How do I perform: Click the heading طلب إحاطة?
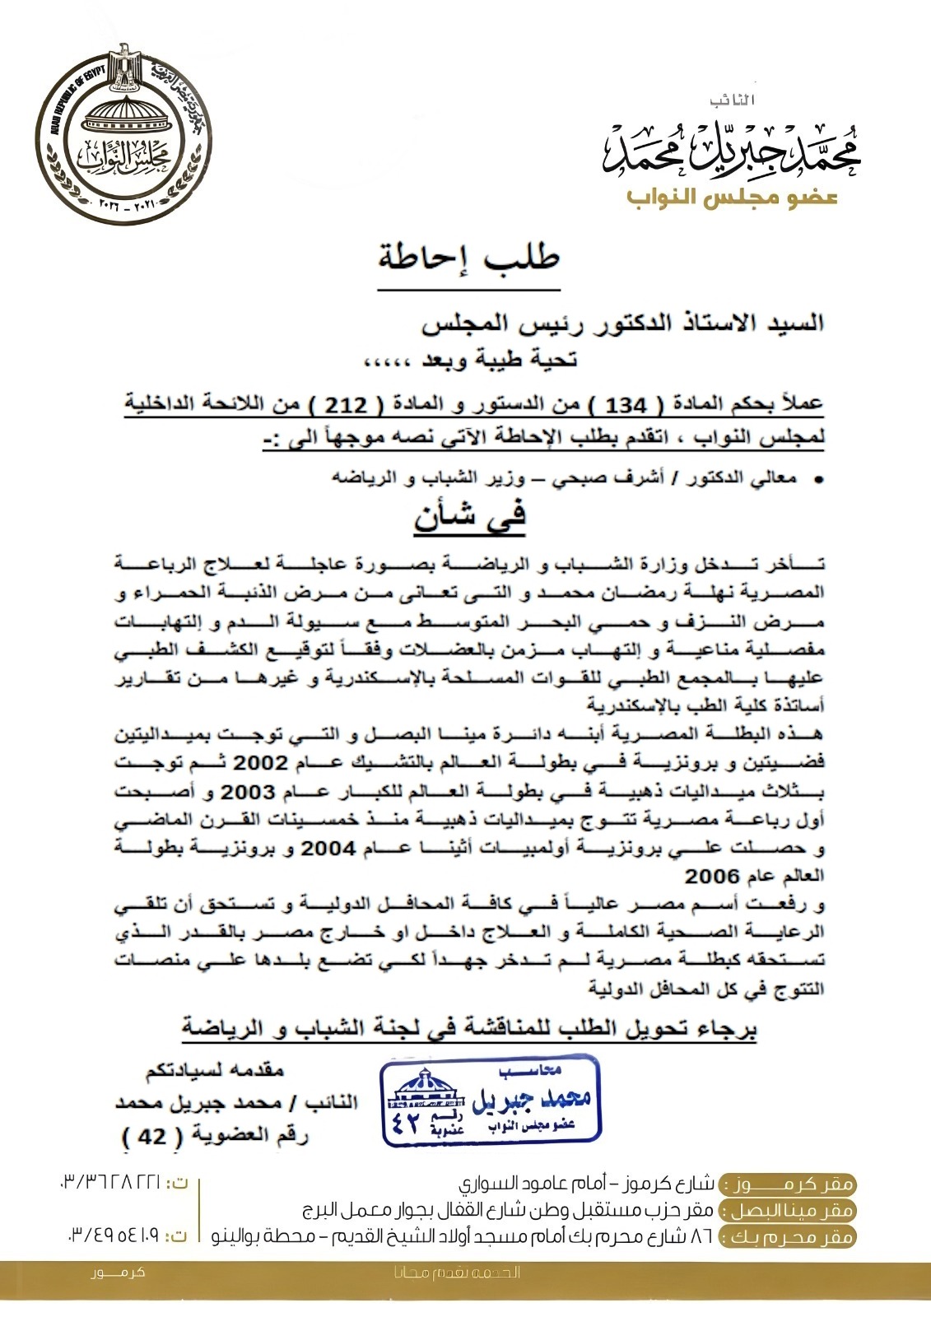[x=469, y=257]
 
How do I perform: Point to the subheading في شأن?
[x=470, y=518]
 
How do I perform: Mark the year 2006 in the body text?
[x=712, y=876]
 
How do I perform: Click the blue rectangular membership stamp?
[x=491, y=1101]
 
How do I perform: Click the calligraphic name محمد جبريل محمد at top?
[x=731, y=148]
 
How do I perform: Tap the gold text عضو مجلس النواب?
[x=732, y=198]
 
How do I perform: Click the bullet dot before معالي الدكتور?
[x=818, y=479]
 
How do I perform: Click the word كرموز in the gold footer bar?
[x=119, y=1273]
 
